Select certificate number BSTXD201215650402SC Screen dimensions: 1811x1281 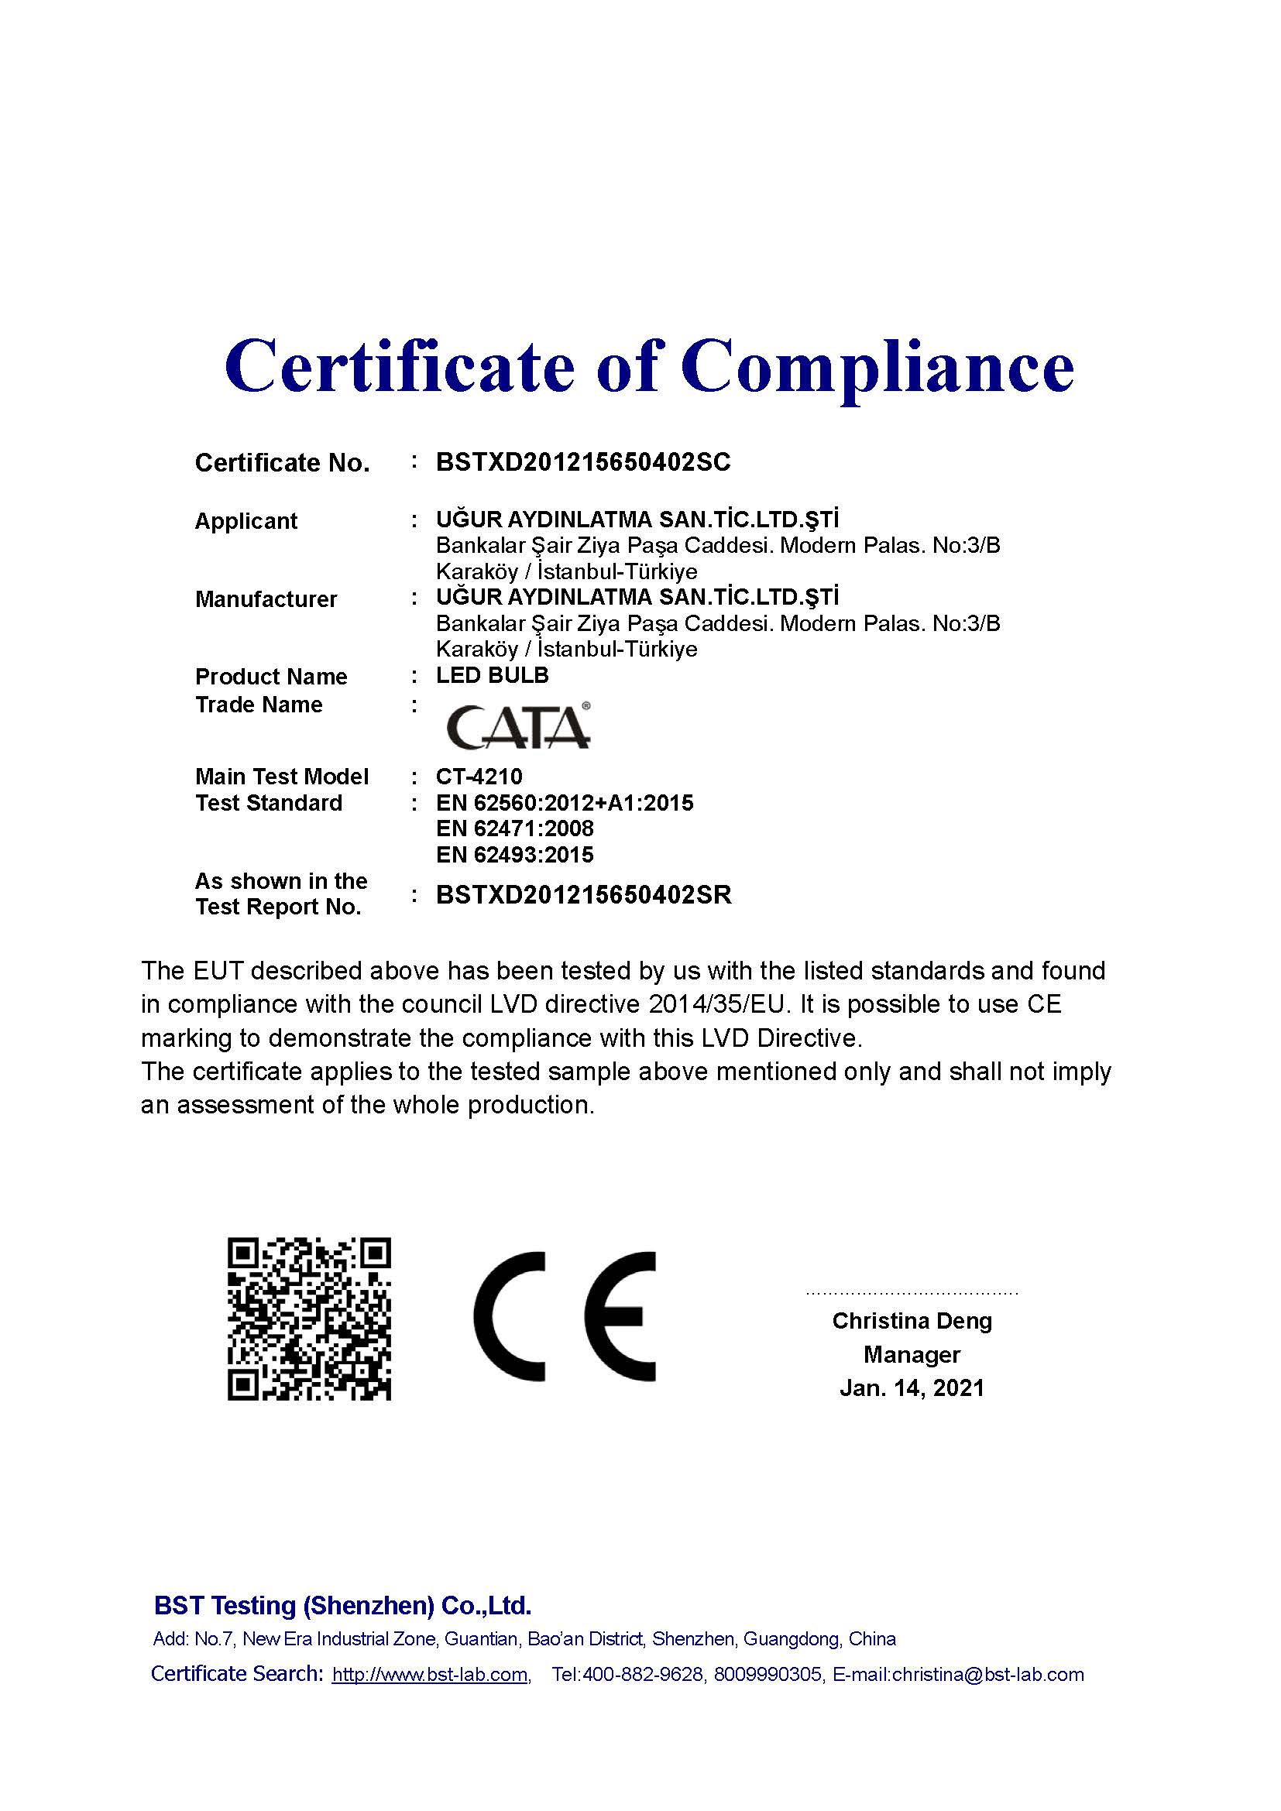click(583, 462)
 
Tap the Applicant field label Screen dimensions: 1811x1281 click(246, 521)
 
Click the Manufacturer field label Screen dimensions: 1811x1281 click(266, 599)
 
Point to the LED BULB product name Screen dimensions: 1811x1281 click(493, 675)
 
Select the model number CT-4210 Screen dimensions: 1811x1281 click(479, 777)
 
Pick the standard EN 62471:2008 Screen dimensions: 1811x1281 click(514, 829)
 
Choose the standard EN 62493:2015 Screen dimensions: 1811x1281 click(514, 855)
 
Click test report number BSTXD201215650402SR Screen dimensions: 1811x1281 click(584, 895)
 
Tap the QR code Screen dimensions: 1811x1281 click(309, 1319)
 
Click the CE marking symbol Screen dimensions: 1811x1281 click(565, 1316)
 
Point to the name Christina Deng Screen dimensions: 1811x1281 click(912, 1321)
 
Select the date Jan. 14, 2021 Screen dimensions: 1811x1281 click(912, 1388)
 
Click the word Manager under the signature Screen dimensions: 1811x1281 click(912, 1355)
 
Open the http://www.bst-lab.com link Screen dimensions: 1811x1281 click(430, 1675)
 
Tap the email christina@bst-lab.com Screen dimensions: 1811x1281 click(987, 1675)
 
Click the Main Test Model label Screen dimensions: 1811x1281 click(282, 777)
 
